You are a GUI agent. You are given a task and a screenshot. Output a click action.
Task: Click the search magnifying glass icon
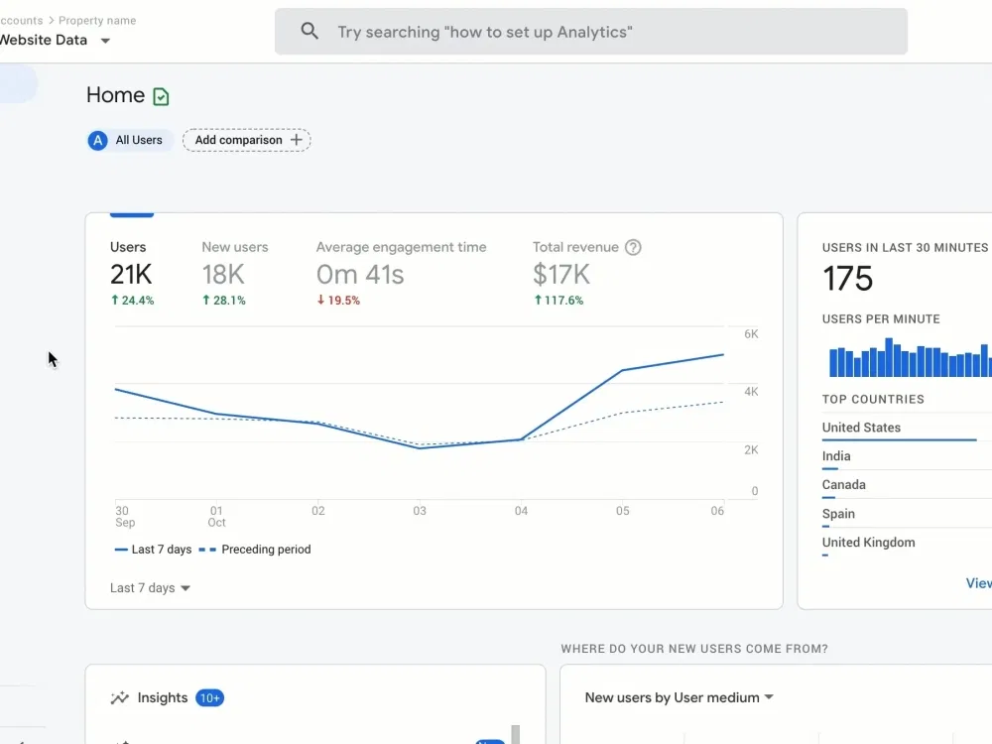pos(310,31)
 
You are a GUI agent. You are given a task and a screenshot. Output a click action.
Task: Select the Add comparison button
pos(247,140)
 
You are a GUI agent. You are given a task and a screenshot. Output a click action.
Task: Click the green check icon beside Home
pos(162,96)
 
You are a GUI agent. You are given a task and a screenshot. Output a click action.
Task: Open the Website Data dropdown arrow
pos(106,41)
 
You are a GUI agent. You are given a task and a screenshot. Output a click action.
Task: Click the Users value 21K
pos(131,275)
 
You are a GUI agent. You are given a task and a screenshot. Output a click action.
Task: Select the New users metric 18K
pos(223,275)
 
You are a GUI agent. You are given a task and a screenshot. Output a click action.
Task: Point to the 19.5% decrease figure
pos(338,301)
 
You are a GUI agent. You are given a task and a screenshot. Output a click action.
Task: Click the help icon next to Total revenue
pos(633,247)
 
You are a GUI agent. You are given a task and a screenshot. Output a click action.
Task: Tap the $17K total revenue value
pos(561,275)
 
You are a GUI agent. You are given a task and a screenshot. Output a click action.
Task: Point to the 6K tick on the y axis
pos(751,334)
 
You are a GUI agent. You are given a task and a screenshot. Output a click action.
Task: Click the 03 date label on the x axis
pos(420,511)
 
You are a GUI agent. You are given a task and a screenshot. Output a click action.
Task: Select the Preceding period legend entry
pos(255,550)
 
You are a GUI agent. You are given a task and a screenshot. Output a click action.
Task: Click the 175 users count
pos(848,279)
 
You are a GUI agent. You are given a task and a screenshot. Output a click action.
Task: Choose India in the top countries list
pos(836,456)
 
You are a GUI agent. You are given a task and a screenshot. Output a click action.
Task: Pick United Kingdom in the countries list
pos(869,543)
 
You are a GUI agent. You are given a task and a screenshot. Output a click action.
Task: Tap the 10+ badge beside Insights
pos(210,697)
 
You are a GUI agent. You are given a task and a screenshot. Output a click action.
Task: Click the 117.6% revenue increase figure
pos(558,301)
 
